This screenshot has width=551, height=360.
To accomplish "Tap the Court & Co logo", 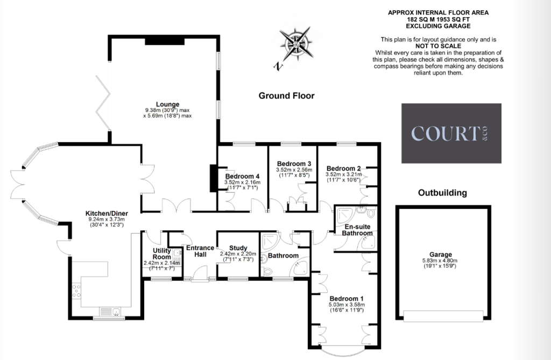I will tap(451, 133).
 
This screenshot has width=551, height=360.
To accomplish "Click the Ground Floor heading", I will tap(286, 96).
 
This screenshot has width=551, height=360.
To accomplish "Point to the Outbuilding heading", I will tap(442, 193).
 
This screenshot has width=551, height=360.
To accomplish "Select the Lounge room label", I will tap(167, 104).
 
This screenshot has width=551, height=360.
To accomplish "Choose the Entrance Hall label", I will tap(200, 251).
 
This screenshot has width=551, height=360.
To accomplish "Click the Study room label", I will tap(238, 248).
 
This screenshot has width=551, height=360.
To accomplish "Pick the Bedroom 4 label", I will tap(242, 176).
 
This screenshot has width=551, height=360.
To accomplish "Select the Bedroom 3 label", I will tap(294, 164).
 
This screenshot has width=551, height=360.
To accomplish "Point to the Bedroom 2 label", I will tap(343, 168).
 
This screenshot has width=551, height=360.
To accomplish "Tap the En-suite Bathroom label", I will tap(357, 230).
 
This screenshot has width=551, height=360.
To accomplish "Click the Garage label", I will tap(441, 255).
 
